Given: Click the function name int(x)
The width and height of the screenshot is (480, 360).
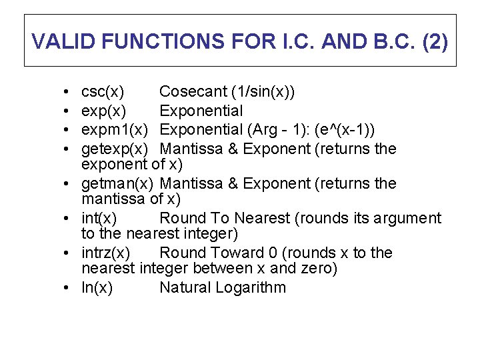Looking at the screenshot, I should point(99,218).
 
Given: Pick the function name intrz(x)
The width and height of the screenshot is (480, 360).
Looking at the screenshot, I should point(106,253).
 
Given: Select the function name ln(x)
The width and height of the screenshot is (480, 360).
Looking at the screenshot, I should point(97,287).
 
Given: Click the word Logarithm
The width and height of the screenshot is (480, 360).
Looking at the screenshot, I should point(252,288).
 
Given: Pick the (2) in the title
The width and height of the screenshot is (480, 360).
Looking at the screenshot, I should point(435,41).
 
